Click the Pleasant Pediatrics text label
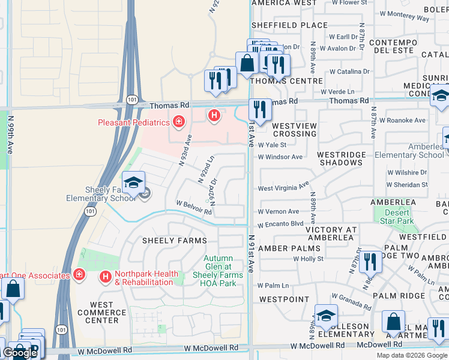click(134, 123)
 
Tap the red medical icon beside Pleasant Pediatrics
click(178, 122)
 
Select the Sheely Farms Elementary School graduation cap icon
click(134, 182)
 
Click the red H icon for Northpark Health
click(106, 277)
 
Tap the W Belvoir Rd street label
click(194, 208)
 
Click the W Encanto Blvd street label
click(281, 224)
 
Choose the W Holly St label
click(308, 259)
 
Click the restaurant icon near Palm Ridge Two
click(370, 262)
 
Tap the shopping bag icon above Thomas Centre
click(247, 63)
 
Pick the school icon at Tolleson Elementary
click(325, 316)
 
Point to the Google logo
click(20, 353)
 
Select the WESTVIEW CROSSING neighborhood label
click(294, 130)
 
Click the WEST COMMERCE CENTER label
click(102, 313)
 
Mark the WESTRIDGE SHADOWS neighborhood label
click(342, 158)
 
